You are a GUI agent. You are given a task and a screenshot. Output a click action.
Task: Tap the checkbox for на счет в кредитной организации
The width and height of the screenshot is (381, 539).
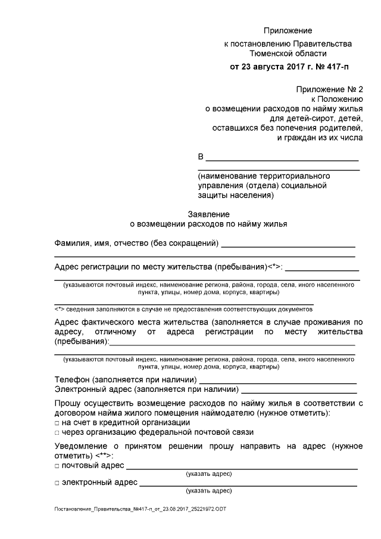(57, 423)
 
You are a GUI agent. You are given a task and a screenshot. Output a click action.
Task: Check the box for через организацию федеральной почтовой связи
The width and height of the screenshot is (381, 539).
(57, 433)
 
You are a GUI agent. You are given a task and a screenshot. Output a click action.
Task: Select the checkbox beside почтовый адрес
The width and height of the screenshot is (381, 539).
(57, 466)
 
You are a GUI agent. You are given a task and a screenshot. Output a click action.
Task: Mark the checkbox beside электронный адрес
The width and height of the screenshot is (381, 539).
(57, 483)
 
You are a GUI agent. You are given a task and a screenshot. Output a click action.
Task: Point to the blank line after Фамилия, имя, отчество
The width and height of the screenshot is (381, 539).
(288, 244)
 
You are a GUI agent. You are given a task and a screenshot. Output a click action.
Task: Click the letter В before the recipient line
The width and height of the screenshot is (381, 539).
(201, 158)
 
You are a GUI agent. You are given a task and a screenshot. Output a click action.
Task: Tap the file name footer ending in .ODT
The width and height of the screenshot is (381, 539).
(140, 510)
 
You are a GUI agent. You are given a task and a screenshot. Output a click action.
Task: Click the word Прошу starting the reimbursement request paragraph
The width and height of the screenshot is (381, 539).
(67, 403)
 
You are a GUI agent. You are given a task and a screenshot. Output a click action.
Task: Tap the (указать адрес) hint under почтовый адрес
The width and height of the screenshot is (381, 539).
(208, 474)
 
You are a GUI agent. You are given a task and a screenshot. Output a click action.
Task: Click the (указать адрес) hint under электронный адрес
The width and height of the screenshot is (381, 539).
(208, 491)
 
